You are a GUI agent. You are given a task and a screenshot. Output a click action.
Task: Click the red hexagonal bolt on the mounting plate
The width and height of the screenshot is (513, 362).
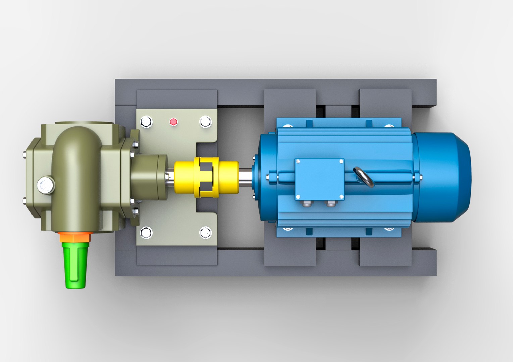[x=173, y=122]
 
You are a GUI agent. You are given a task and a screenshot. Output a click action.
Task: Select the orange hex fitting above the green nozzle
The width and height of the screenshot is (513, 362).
[x=75, y=237]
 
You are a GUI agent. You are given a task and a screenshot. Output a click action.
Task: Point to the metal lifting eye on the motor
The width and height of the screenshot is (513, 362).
[x=364, y=177]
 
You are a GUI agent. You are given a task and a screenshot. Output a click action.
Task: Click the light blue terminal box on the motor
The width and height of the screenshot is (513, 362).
[x=319, y=179]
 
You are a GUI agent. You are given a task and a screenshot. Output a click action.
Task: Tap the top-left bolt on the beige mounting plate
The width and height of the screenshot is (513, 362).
[x=146, y=122]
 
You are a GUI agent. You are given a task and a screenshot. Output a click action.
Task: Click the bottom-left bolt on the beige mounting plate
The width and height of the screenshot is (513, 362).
[x=146, y=232]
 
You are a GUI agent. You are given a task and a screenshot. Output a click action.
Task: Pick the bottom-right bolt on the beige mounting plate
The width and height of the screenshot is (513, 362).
[x=205, y=232]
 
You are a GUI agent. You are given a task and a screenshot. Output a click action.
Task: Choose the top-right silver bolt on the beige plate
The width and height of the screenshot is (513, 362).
[x=205, y=122]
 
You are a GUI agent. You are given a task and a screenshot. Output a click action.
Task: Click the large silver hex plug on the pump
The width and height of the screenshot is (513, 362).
[x=46, y=185]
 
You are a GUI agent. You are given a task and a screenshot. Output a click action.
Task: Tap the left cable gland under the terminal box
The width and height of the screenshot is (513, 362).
[x=306, y=203]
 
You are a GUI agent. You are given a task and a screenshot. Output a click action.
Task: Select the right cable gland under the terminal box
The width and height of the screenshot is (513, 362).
[x=331, y=203]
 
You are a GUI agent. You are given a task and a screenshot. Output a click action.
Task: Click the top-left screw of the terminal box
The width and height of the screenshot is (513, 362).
[x=298, y=162]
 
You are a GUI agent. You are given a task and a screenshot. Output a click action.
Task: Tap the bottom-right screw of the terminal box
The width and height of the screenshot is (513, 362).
[x=341, y=197]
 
